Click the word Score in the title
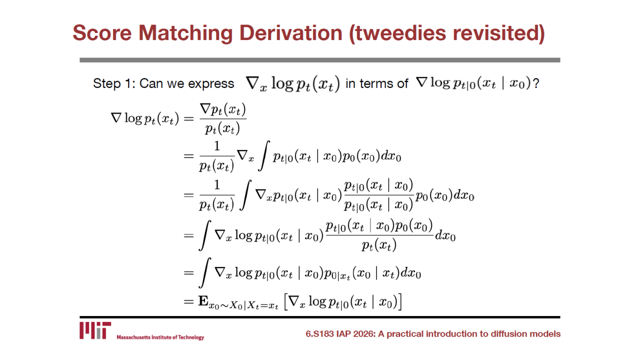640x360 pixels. pyautogui.click(x=102, y=33)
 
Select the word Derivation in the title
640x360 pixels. pyautogui.click(x=291, y=33)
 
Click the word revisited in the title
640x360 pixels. pyautogui.click(x=499, y=33)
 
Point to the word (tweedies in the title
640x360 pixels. pyautogui.click(x=397, y=33)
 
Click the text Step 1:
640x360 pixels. pyautogui.click(x=114, y=83)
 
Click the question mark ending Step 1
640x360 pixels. pyautogui.click(x=535, y=83)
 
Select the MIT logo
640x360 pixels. pyautogui.click(x=95, y=330)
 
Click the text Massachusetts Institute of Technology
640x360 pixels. pyautogui.click(x=160, y=337)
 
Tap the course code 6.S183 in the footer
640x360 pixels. pyautogui.click(x=319, y=333)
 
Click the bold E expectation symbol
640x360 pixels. pyautogui.click(x=203, y=301)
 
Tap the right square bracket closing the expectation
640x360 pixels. pyautogui.click(x=399, y=302)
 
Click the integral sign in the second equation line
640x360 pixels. pyautogui.click(x=263, y=155)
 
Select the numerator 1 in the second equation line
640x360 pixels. pyautogui.click(x=217, y=146)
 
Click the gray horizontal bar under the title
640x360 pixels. pyautogui.click(x=319, y=60)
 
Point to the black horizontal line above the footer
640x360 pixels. pyautogui.click(x=319, y=317)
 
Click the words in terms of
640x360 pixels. pyautogui.click(x=377, y=83)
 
